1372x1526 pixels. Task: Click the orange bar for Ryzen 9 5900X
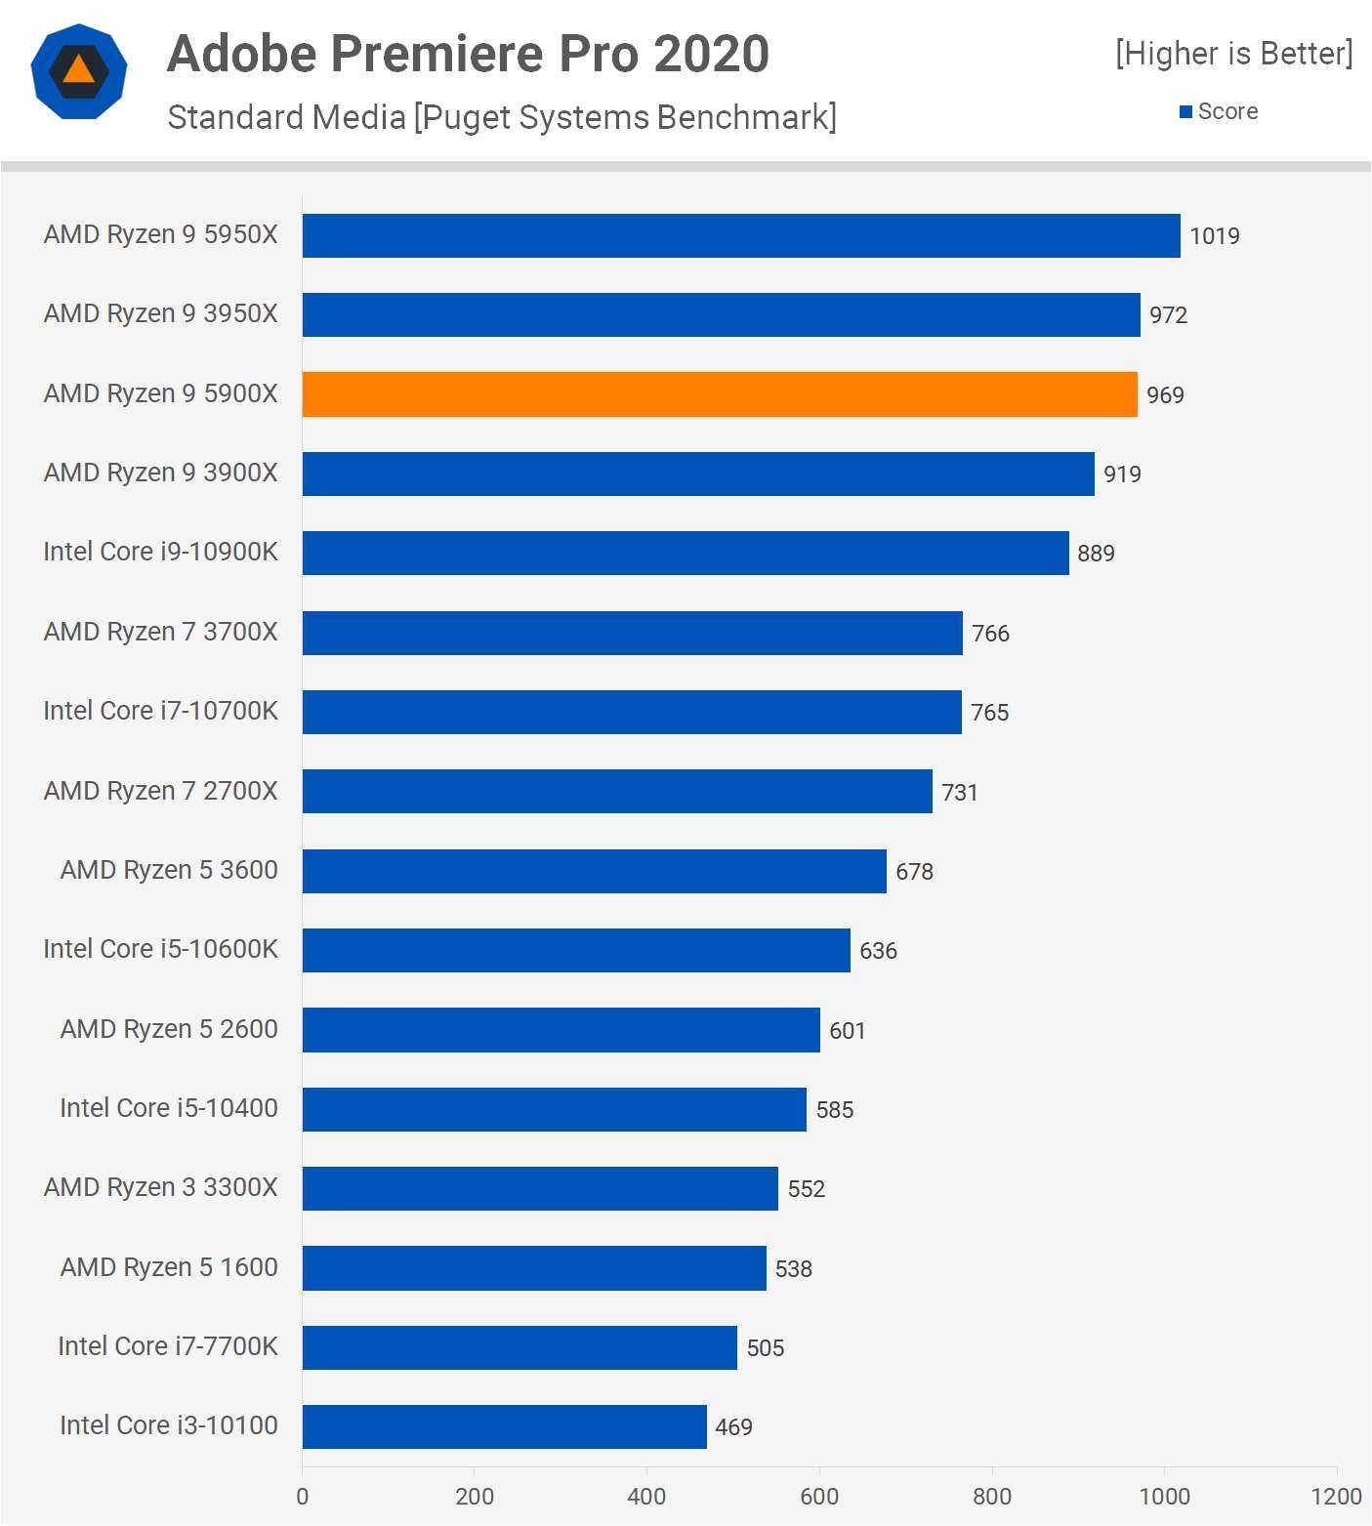click(720, 394)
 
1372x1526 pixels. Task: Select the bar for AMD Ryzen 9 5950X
click(741, 236)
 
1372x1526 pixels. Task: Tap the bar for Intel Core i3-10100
click(504, 1426)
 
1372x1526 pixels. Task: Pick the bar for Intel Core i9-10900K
click(686, 553)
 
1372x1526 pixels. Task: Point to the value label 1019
click(1214, 236)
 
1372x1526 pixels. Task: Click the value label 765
click(989, 713)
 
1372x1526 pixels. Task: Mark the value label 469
click(733, 1427)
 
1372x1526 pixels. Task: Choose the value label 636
click(878, 951)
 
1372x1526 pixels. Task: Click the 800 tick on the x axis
click(991, 1497)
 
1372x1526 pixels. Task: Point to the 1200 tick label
click(1336, 1497)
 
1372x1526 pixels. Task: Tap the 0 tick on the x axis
click(302, 1497)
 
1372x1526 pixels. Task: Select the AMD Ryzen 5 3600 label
click(169, 870)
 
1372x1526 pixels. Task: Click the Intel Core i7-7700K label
click(168, 1346)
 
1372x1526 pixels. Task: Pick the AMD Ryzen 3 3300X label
click(161, 1187)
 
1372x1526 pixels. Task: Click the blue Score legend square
click(1185, 112)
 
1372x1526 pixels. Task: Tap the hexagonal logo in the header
click(79, 71)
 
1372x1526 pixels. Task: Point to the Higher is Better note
click(1234, 54)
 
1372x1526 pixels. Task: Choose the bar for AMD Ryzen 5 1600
click(534, 1268)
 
